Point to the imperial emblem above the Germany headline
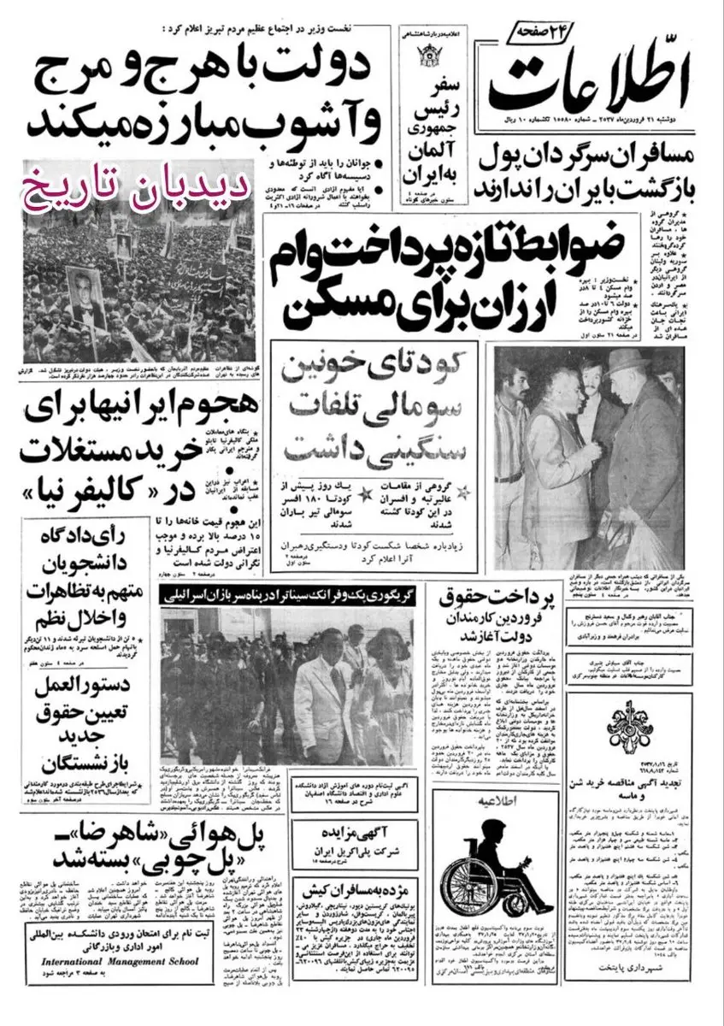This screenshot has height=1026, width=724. [x=429, y=60]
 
